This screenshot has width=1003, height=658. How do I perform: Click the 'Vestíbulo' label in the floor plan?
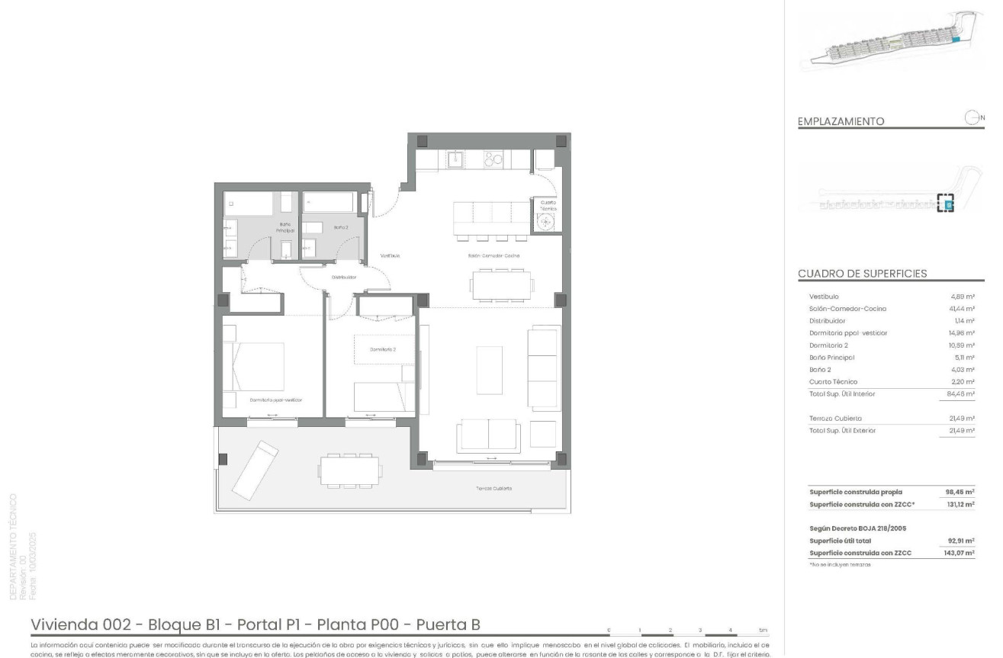(x=390, y=256)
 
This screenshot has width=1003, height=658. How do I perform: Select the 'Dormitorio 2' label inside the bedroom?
(x=382, y=349)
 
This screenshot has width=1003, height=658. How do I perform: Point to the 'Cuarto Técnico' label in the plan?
(x=548, y=205)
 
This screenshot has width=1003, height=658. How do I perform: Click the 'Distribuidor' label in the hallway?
(x=344, y=278)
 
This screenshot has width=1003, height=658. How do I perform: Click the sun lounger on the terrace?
(x=256, y=467)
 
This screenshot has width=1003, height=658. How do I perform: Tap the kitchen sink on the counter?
(x=456, y=159)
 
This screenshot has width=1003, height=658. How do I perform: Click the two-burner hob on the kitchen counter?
(x=493, y=159)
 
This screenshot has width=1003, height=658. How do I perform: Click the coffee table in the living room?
(x=489, y=370)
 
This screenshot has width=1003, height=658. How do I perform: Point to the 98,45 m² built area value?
(x=960, y=492)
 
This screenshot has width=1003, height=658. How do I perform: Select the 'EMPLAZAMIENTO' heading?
(x=841, y=121)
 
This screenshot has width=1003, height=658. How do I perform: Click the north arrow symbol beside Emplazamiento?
(x=972, y=117)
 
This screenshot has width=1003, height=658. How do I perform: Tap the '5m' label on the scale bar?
(x=763, y=631)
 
